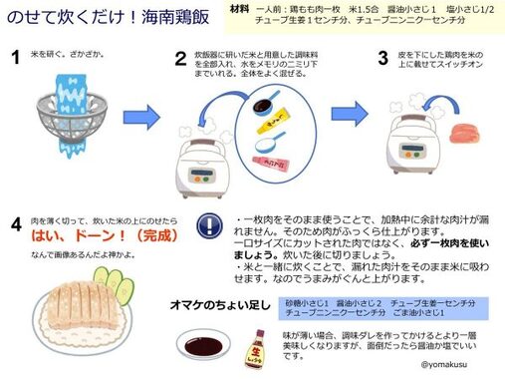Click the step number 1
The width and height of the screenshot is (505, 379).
16,59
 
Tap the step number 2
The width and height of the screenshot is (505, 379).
181,59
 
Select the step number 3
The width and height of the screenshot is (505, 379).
382,59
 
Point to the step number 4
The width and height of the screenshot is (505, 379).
16,223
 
